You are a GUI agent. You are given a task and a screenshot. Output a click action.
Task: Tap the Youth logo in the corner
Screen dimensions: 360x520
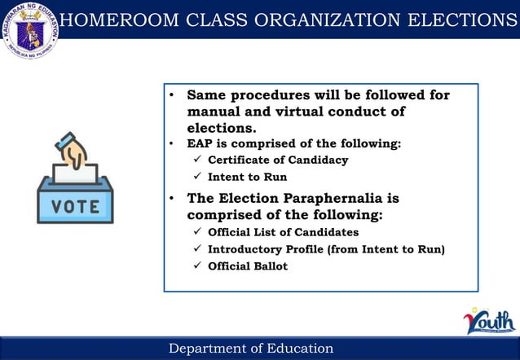489,322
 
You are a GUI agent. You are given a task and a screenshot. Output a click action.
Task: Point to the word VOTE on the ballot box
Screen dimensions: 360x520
76,207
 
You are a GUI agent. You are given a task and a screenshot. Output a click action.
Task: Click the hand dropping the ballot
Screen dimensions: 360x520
74,154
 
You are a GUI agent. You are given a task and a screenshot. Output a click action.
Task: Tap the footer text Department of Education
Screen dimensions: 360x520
251,349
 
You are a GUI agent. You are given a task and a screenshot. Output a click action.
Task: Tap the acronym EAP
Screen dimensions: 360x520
201,144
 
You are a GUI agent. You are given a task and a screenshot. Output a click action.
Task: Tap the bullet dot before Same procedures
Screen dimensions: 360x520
172,96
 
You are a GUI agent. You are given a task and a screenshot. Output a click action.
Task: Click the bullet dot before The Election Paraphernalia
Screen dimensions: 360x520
172,200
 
